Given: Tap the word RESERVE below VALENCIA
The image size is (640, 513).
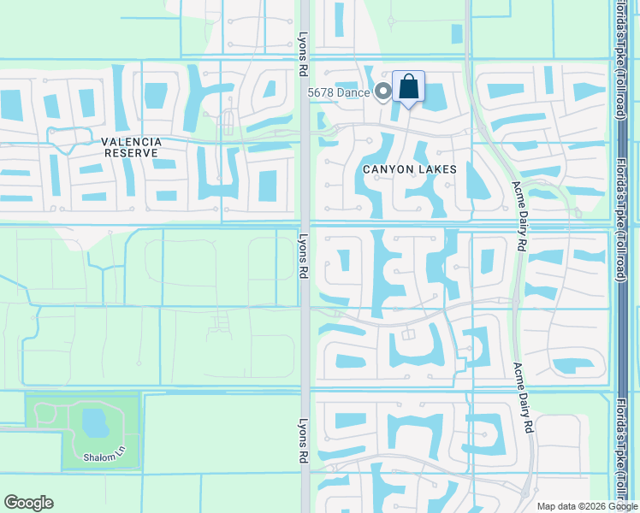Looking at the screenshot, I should [131, 152].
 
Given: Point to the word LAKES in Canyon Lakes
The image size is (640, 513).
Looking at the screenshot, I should [439, 169].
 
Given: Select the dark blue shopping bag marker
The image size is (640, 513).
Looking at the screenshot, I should [409, 87].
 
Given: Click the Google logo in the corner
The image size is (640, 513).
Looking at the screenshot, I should [28, 503].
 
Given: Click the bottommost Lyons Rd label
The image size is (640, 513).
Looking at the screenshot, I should [302, 441].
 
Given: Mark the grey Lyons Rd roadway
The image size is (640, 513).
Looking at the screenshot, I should [305, 342].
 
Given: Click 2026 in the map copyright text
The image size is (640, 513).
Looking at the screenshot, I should [590, 506].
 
